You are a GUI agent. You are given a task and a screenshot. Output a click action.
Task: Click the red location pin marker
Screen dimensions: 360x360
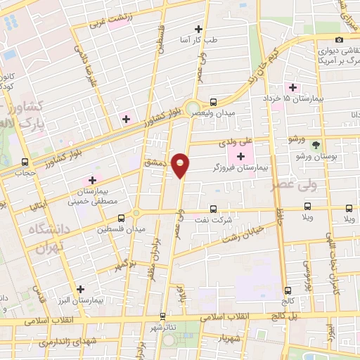tap(181, 165)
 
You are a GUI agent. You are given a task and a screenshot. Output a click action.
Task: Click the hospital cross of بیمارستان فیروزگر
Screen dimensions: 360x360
tap(243, 156)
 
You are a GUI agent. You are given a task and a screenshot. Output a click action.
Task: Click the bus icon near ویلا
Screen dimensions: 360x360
tap(308, 207)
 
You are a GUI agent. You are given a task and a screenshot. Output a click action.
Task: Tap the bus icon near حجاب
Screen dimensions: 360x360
tap(26, 161)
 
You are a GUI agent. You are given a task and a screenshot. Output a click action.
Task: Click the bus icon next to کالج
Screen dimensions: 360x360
tap(288, 290)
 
